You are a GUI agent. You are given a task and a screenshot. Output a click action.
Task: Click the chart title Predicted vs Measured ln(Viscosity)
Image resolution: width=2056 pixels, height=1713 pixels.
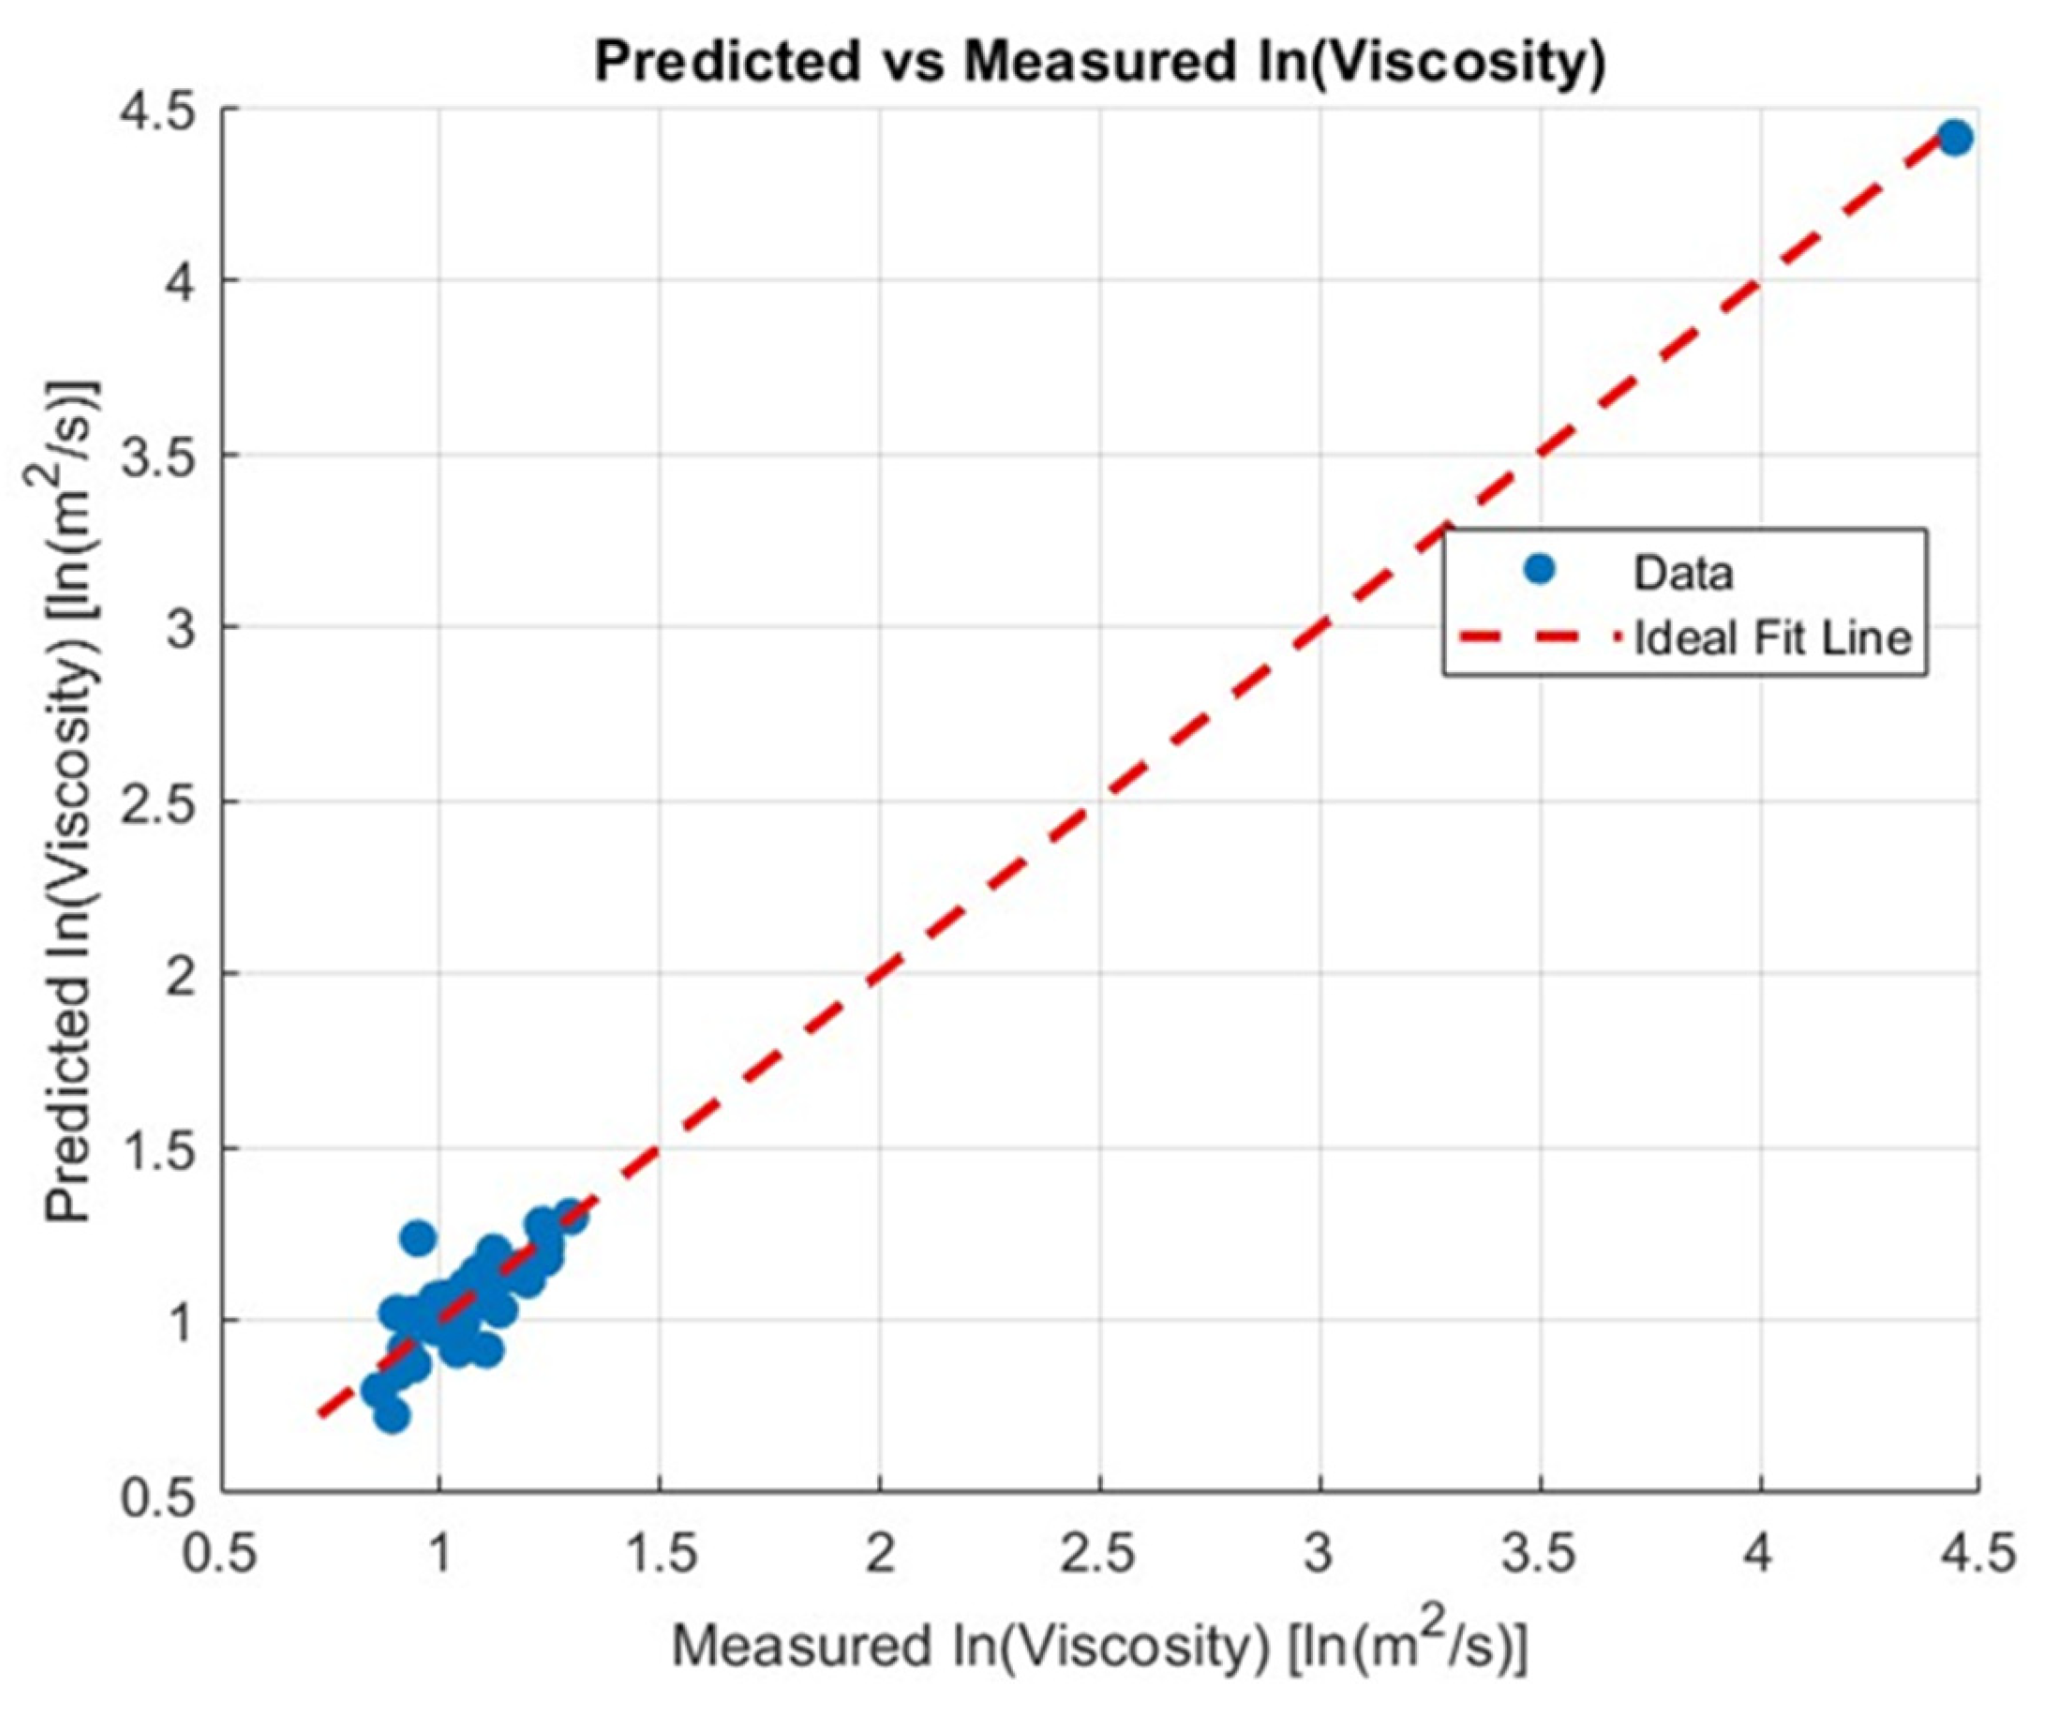(x=1099, y=63)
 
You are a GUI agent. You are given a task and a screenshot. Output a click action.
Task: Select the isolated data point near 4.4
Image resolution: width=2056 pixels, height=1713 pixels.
(x=1954, y=138)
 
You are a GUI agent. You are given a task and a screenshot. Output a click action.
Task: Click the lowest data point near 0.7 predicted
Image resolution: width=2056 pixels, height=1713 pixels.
(x=391, y=1416)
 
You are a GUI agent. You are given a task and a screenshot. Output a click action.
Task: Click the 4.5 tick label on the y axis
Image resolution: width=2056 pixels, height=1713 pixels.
(x=165, y=110)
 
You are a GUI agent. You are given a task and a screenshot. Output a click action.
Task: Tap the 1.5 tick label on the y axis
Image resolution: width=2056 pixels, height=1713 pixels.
(x=165, y=1148)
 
